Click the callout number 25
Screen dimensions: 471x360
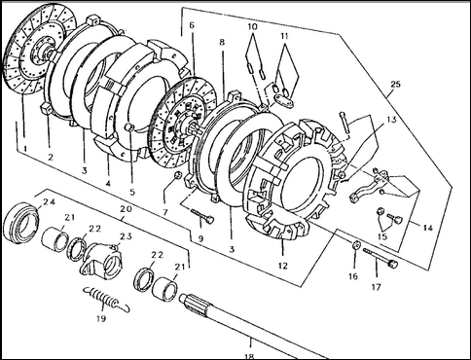(x=395, y=85)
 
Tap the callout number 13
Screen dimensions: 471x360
(x=391, y=120)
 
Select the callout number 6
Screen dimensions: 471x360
(x=192, y=25)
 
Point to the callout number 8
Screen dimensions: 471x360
(x=222, y=42)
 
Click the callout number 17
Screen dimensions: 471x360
(x=376, y=287)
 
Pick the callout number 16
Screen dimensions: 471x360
(x=353, y=276)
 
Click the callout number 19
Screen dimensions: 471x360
(x=101, y=318)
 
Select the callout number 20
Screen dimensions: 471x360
(x=126, y=209)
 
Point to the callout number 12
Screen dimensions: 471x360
(x=283, y=266)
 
